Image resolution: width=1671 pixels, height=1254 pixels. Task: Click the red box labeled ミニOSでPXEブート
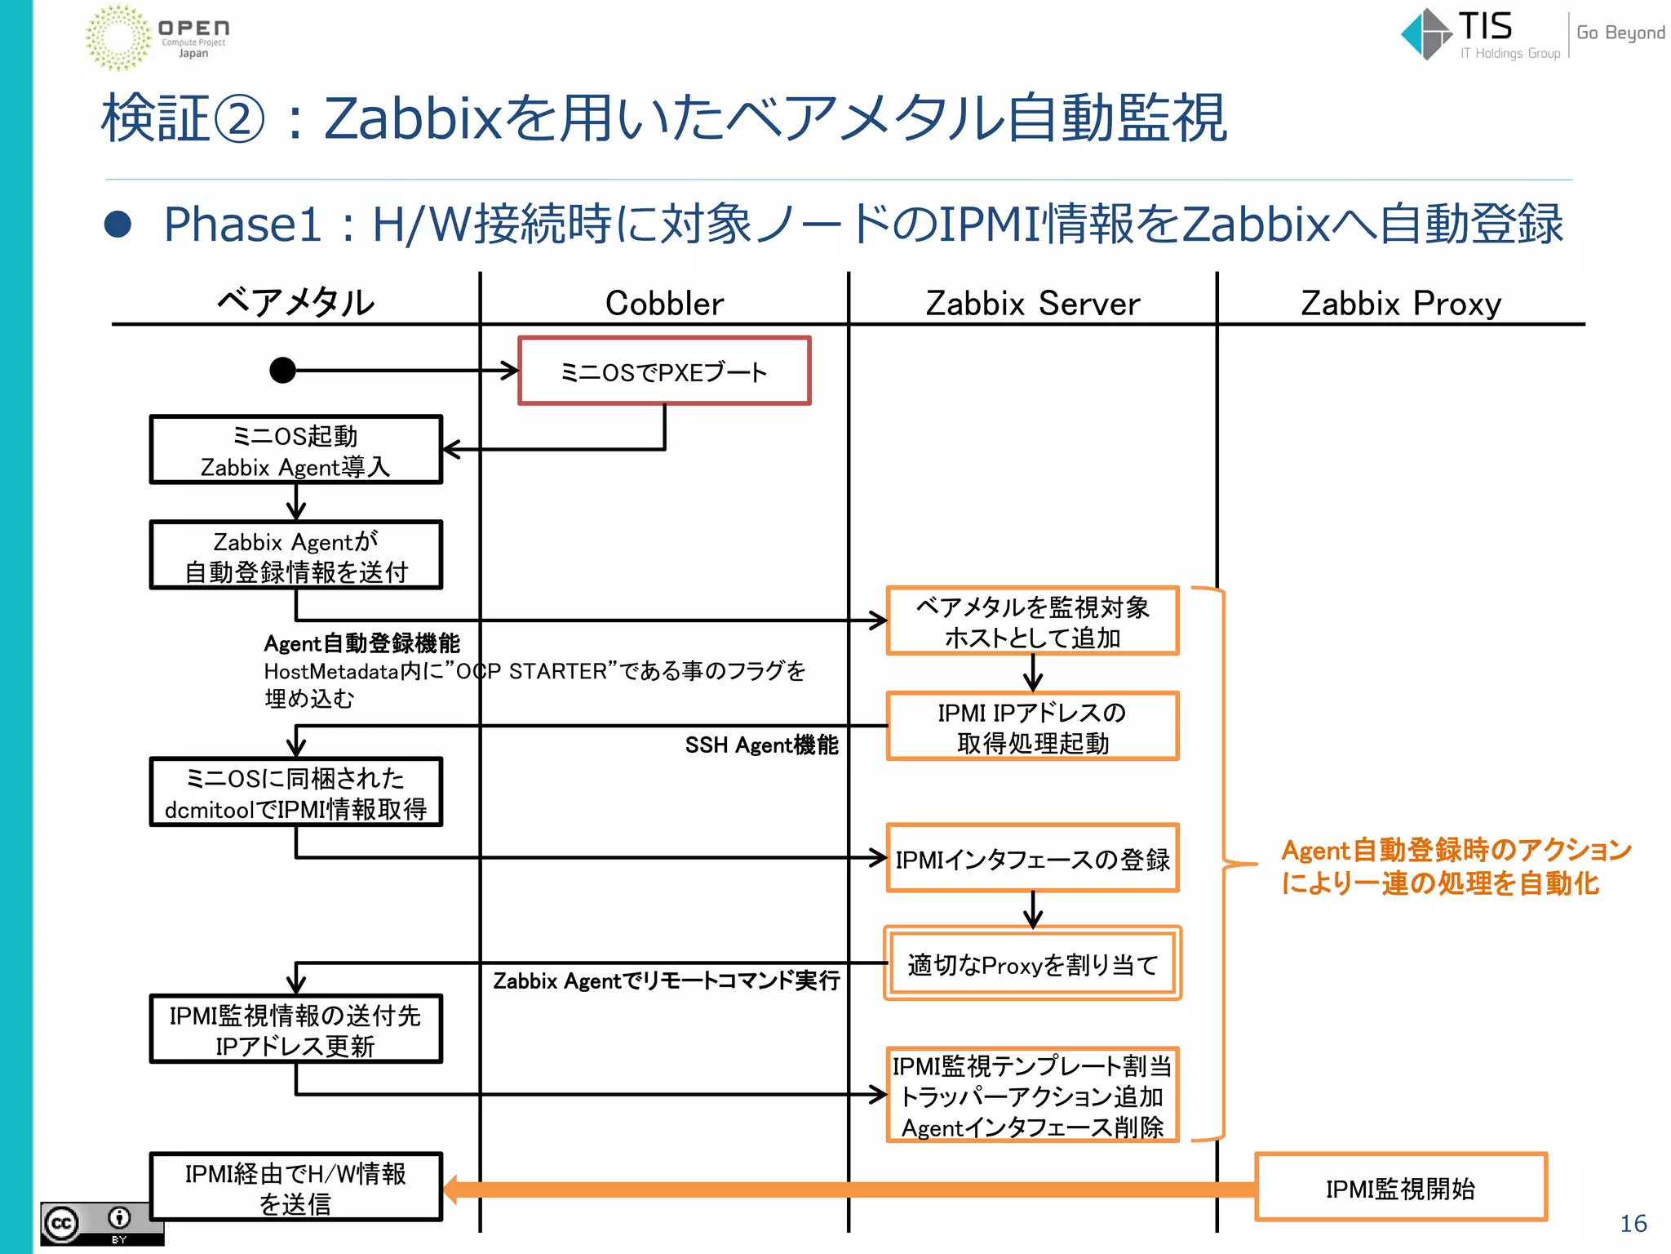click(664, 371)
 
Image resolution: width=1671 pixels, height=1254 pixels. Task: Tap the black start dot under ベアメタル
click(282, 370)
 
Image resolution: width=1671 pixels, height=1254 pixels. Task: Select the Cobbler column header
click(664, 304)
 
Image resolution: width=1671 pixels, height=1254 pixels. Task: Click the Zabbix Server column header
click(1032, 304)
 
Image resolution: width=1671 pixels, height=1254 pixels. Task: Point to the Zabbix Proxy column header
click(1400, 304)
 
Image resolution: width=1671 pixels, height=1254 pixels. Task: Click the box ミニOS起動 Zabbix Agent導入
click(295, 450)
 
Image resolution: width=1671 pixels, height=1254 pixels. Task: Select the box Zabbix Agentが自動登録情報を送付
click(295, 555)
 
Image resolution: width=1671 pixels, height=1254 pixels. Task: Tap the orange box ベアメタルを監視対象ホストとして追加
click(1032, 620)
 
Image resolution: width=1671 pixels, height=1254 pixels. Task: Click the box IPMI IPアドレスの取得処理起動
click(1032, 727)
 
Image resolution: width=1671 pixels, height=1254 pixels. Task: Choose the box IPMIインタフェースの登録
click(1032, 858)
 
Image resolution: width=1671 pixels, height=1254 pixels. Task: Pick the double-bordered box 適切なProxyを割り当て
click(1032, 963)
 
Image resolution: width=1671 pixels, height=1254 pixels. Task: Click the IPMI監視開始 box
click(1400, 1188)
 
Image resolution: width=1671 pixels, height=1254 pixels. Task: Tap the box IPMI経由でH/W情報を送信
click(295, 1187)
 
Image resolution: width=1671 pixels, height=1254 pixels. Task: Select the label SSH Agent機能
click(760, 745)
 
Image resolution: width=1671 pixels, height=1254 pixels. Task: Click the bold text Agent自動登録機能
click(361, 643)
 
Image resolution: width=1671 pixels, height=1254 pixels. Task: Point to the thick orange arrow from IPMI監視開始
click(849, 1189)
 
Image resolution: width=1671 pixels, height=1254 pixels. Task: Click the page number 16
click(1633, 1223)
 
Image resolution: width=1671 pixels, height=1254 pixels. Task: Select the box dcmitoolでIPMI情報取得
click(295, 792)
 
